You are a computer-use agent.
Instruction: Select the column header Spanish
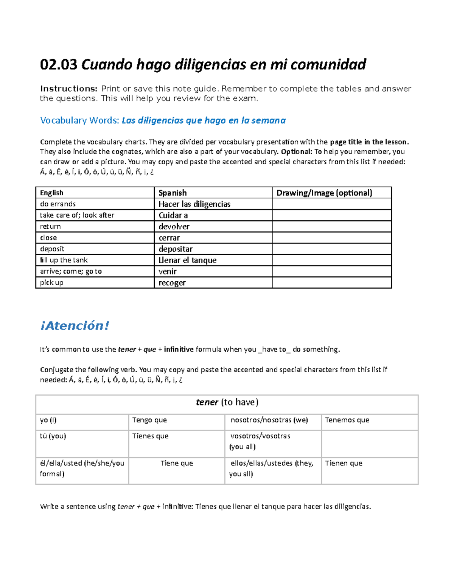[173, 193]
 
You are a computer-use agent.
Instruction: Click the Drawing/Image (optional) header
[324, 193]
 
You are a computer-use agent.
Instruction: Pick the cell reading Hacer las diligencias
[194, 204]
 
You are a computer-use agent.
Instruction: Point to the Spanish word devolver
[174, 226]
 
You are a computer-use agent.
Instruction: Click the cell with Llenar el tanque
[188, 260]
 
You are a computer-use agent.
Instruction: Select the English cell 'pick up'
[52, 282]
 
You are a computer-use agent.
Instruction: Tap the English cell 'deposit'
[52, 249]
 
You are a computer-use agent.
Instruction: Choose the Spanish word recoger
[172, 283]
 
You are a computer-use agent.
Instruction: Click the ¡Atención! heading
[75, 326]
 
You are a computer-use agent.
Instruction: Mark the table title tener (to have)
[227, 402]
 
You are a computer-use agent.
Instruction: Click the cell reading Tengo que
[149, 420]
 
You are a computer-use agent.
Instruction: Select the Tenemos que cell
[347, 420]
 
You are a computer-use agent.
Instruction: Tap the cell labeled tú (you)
[53, 436]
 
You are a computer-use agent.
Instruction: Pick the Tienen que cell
[344, 463]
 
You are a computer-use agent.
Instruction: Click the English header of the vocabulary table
[52, 193]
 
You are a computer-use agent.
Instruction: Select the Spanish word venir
[168, 271]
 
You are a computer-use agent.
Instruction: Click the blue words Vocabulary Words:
[80, 120]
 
